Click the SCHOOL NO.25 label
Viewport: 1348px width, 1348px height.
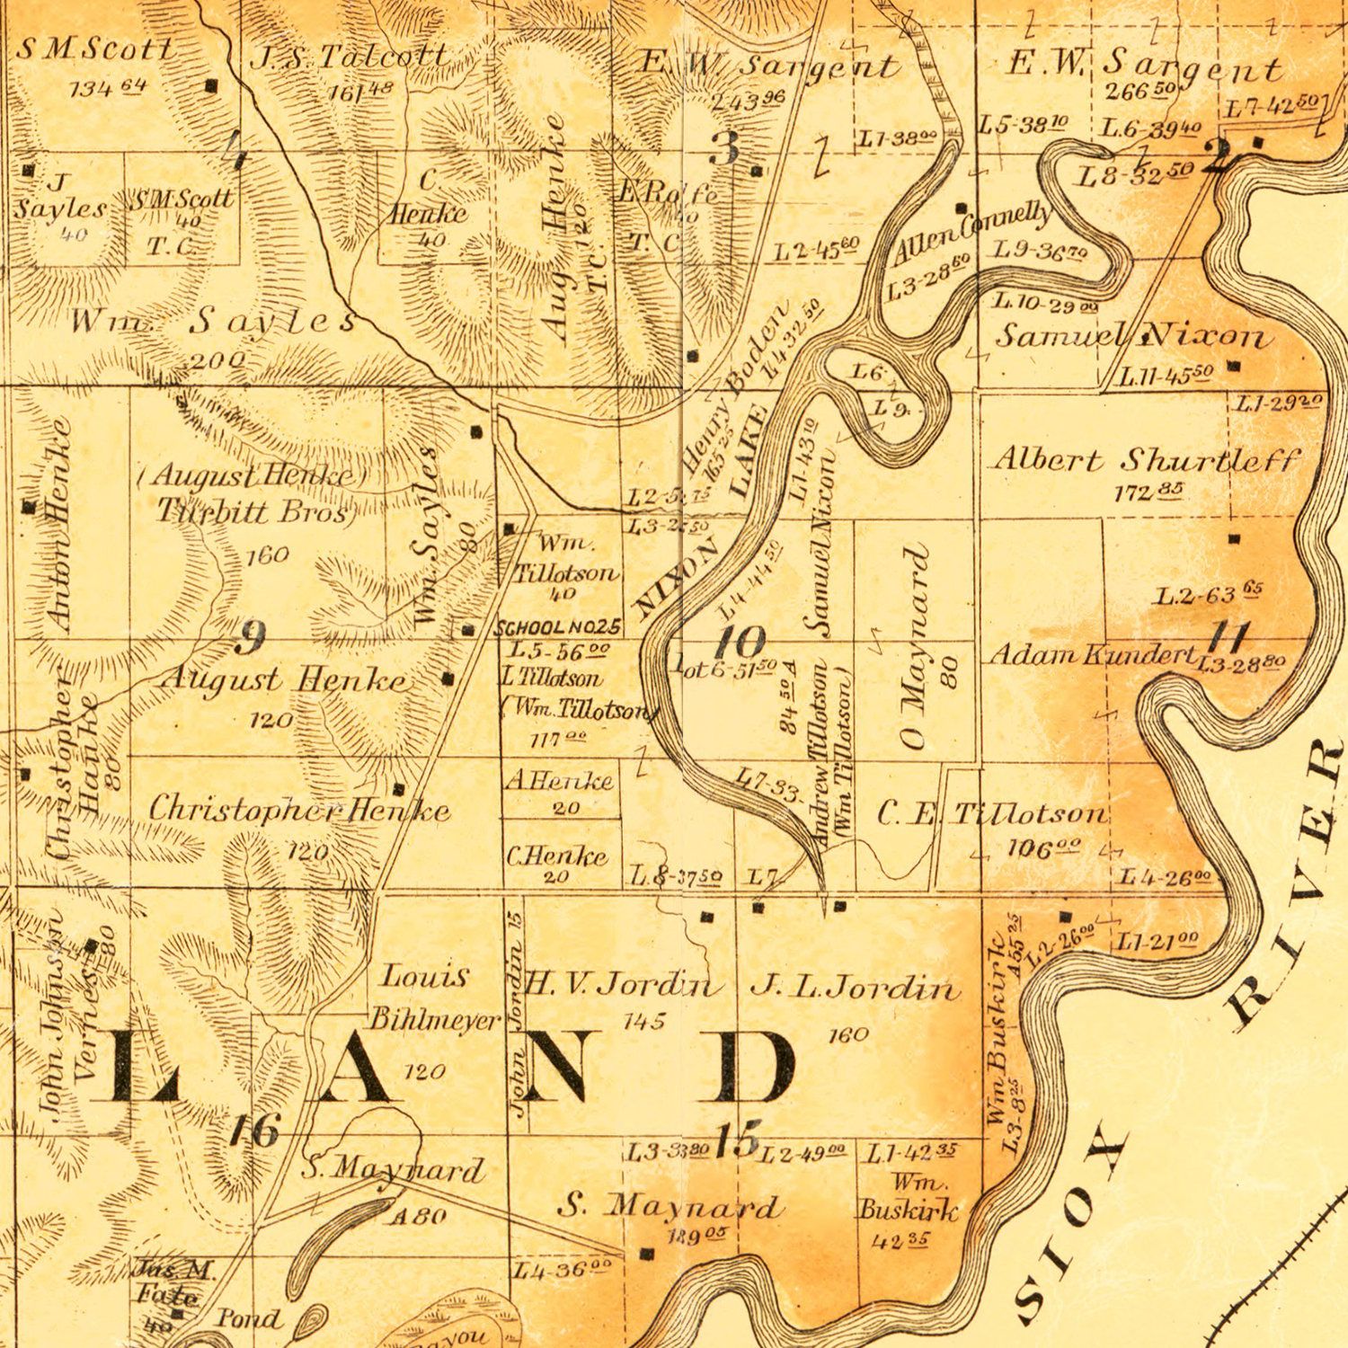558,627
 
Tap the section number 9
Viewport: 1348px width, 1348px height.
250,638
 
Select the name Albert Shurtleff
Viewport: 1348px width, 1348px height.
1146,460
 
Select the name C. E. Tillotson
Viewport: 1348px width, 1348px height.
992,814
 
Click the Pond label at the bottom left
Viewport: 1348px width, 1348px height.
248,1318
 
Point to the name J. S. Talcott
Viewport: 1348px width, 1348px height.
349,57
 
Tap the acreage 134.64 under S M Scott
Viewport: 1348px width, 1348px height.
108,88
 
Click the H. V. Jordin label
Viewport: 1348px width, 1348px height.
622,986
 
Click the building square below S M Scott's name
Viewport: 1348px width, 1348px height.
212,86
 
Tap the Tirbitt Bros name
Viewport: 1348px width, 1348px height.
253,510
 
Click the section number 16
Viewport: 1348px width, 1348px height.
254,1130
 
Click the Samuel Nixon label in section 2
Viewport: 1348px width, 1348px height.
1132,337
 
